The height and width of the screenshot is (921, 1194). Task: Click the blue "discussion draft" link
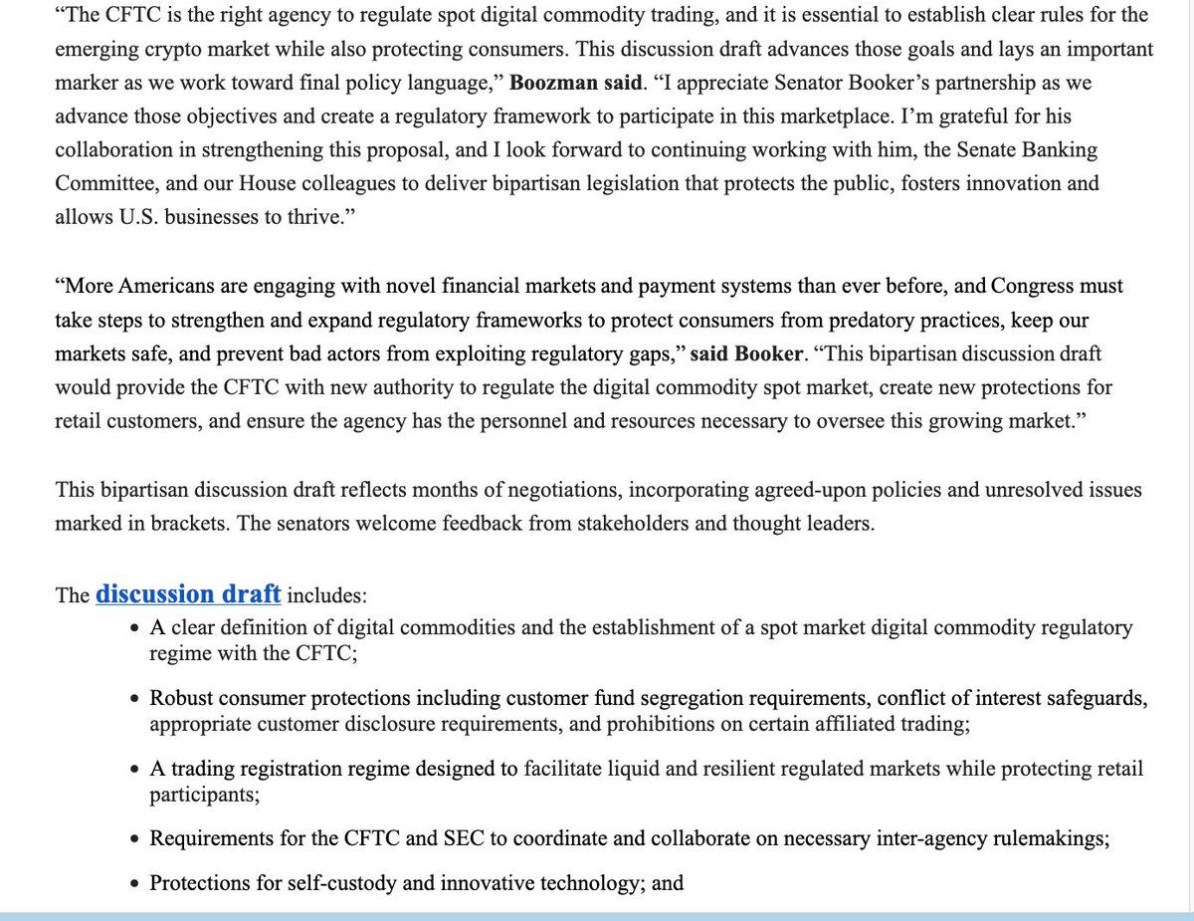coord(188,595)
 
